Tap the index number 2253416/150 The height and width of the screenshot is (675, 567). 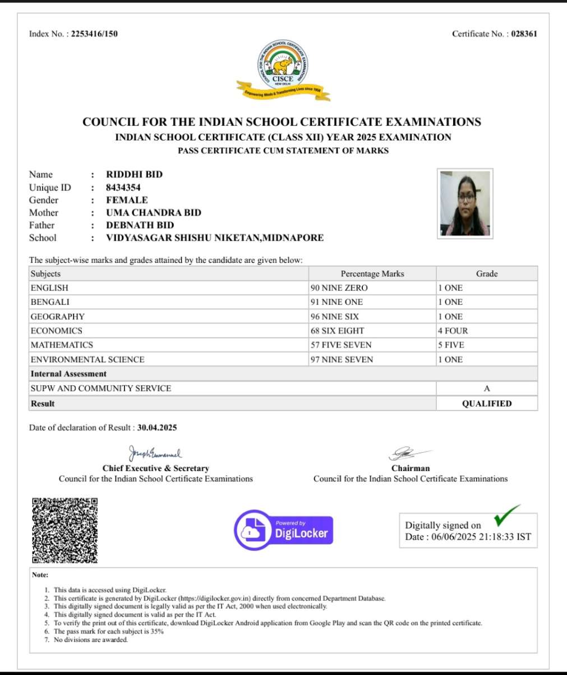point(94,34)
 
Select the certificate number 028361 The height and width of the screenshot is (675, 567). point(524,34)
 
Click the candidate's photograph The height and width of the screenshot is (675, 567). point(465,203)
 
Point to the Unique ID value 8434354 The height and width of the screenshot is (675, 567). point(123,187)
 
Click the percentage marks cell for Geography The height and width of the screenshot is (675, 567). point(335,317)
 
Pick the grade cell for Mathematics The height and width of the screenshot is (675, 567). point(451,345)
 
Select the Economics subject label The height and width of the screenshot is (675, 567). point(57,331)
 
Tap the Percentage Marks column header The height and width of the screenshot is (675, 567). point(372,273)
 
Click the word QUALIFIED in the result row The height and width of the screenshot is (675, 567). point(487,403)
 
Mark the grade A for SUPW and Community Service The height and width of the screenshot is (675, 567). point(487,389)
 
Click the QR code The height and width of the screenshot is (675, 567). point(64,530)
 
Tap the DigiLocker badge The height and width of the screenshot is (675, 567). point(284,530)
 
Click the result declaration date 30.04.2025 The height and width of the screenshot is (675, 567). point(157,427)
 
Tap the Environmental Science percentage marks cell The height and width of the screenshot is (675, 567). point(342,359)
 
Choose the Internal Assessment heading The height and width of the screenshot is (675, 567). point(68,373)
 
